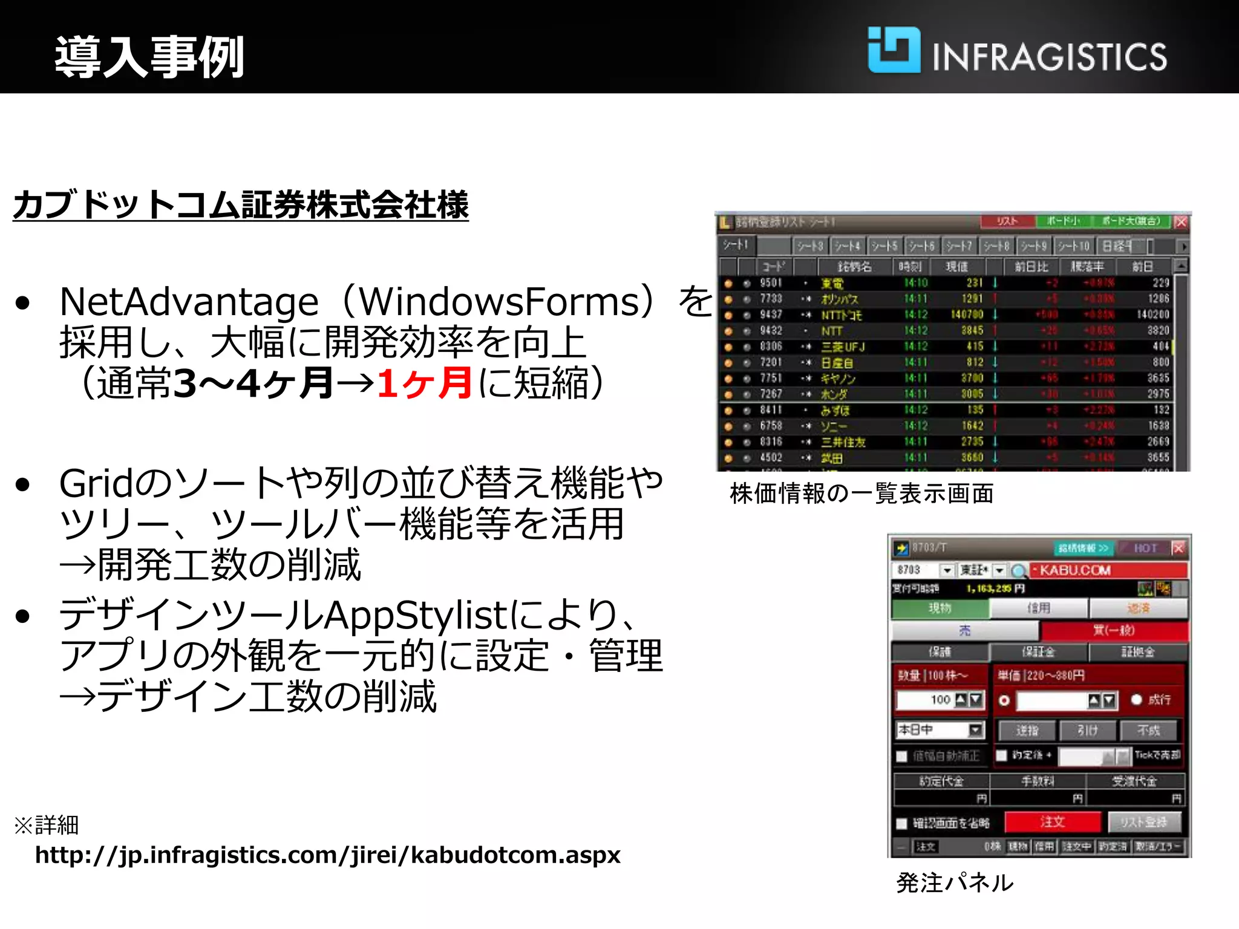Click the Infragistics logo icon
[x=894, y=50]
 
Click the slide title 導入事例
[x=149, y=57]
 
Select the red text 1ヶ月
[x=423, y=383]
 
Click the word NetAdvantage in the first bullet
[x=189, y=302]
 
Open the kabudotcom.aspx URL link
[x=327, y=855]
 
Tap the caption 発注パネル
[x=954, y=883]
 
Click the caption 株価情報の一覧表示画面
[x=861, y=494]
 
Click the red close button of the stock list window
[x=1181, y=222]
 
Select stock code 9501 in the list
[x=771, y=283]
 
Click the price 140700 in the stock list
[x=967, y=315]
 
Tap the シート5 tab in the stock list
[x=884, y=246]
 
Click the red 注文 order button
[x=1052, y=822]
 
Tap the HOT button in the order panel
[x=1145, y=548]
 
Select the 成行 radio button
[x=1136, y=700]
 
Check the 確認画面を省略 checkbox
[x=902, y=823]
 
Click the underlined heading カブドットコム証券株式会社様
[x=241, y=204]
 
